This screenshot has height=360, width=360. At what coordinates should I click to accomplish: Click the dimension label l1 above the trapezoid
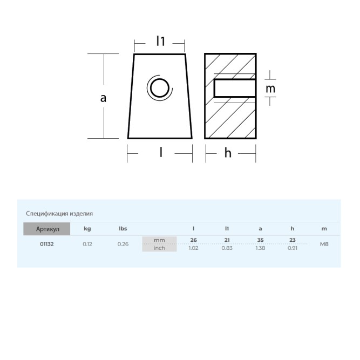tap(160, 41)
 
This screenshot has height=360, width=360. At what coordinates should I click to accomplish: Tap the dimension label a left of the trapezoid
tap(103, 98)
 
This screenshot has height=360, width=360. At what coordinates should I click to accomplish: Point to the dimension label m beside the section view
tap(270, 89)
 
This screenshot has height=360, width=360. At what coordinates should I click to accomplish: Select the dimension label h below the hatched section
tap(228, 153)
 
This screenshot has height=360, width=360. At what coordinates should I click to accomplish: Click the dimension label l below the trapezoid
tap(161, 152)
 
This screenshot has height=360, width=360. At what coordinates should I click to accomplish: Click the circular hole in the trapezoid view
tap(160, 87)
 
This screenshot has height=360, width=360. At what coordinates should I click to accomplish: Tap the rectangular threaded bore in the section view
tap(235, 88)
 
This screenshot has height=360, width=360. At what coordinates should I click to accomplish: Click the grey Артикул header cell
tap(47, 229)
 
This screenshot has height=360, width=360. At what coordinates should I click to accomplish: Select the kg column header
tap(87, 229)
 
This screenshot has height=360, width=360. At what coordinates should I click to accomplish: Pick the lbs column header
tap(123, 228)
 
